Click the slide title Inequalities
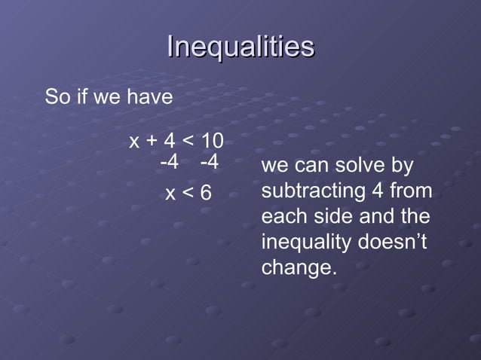click(x=240, y=47)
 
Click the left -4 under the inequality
click(x=170, y=162)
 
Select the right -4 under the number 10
click(x=209, y=162)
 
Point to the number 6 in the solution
click(x=206, y=194)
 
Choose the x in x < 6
click(x=170, y=194)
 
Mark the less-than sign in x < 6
click(x=188, y=194)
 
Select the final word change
click(x=298, y=267)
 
